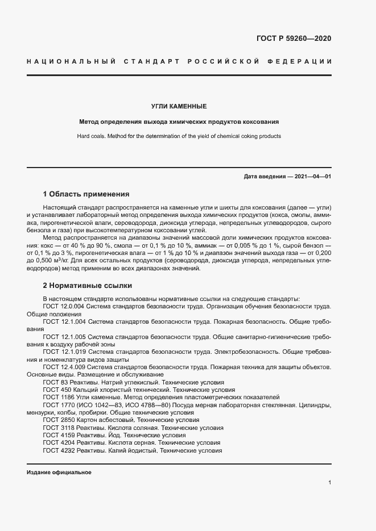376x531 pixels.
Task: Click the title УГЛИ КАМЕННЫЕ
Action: tap(179, 106)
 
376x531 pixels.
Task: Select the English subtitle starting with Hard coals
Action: tap(179, 136)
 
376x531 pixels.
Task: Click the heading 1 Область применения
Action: tap(86, 194)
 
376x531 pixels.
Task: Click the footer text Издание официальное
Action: tap(59, 472)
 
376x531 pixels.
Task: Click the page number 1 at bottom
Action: tap(330, 483)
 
